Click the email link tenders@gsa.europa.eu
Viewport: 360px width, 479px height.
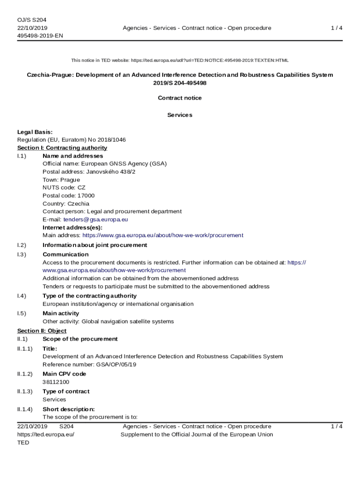tap(95, 219)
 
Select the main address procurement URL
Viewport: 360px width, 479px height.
tap(163, 235)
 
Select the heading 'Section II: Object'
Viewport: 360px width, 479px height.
tap(42, 331)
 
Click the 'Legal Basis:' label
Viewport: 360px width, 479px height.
tap(35, 132)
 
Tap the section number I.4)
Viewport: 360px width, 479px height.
tap(22, 296)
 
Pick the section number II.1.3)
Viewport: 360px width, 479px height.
tap(25, 392)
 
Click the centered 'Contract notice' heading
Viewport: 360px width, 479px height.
tap(180, 98)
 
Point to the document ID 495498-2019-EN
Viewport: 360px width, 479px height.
tap(40, 36)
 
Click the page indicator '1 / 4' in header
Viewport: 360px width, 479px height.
tap(336, 28)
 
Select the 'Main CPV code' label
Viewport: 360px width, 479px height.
tap(64, 374)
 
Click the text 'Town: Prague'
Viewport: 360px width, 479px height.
tap(61, 180)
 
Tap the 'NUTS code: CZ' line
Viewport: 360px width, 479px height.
tap(64, 188)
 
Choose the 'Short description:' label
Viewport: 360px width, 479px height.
tap(68, 409)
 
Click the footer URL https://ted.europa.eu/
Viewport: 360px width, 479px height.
tap(46, 434)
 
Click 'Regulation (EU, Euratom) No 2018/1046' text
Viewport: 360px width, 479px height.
tap(72, 140)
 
